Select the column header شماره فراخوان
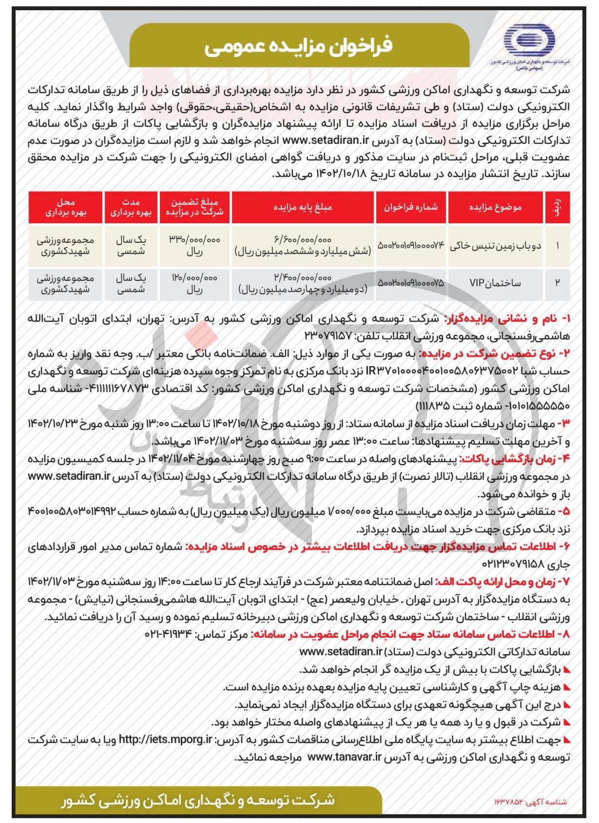point(411,207)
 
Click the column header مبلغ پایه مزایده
point(303,207)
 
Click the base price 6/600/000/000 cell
point(303,245)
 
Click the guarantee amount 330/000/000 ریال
point(194,245)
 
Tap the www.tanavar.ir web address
point(345,757)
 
